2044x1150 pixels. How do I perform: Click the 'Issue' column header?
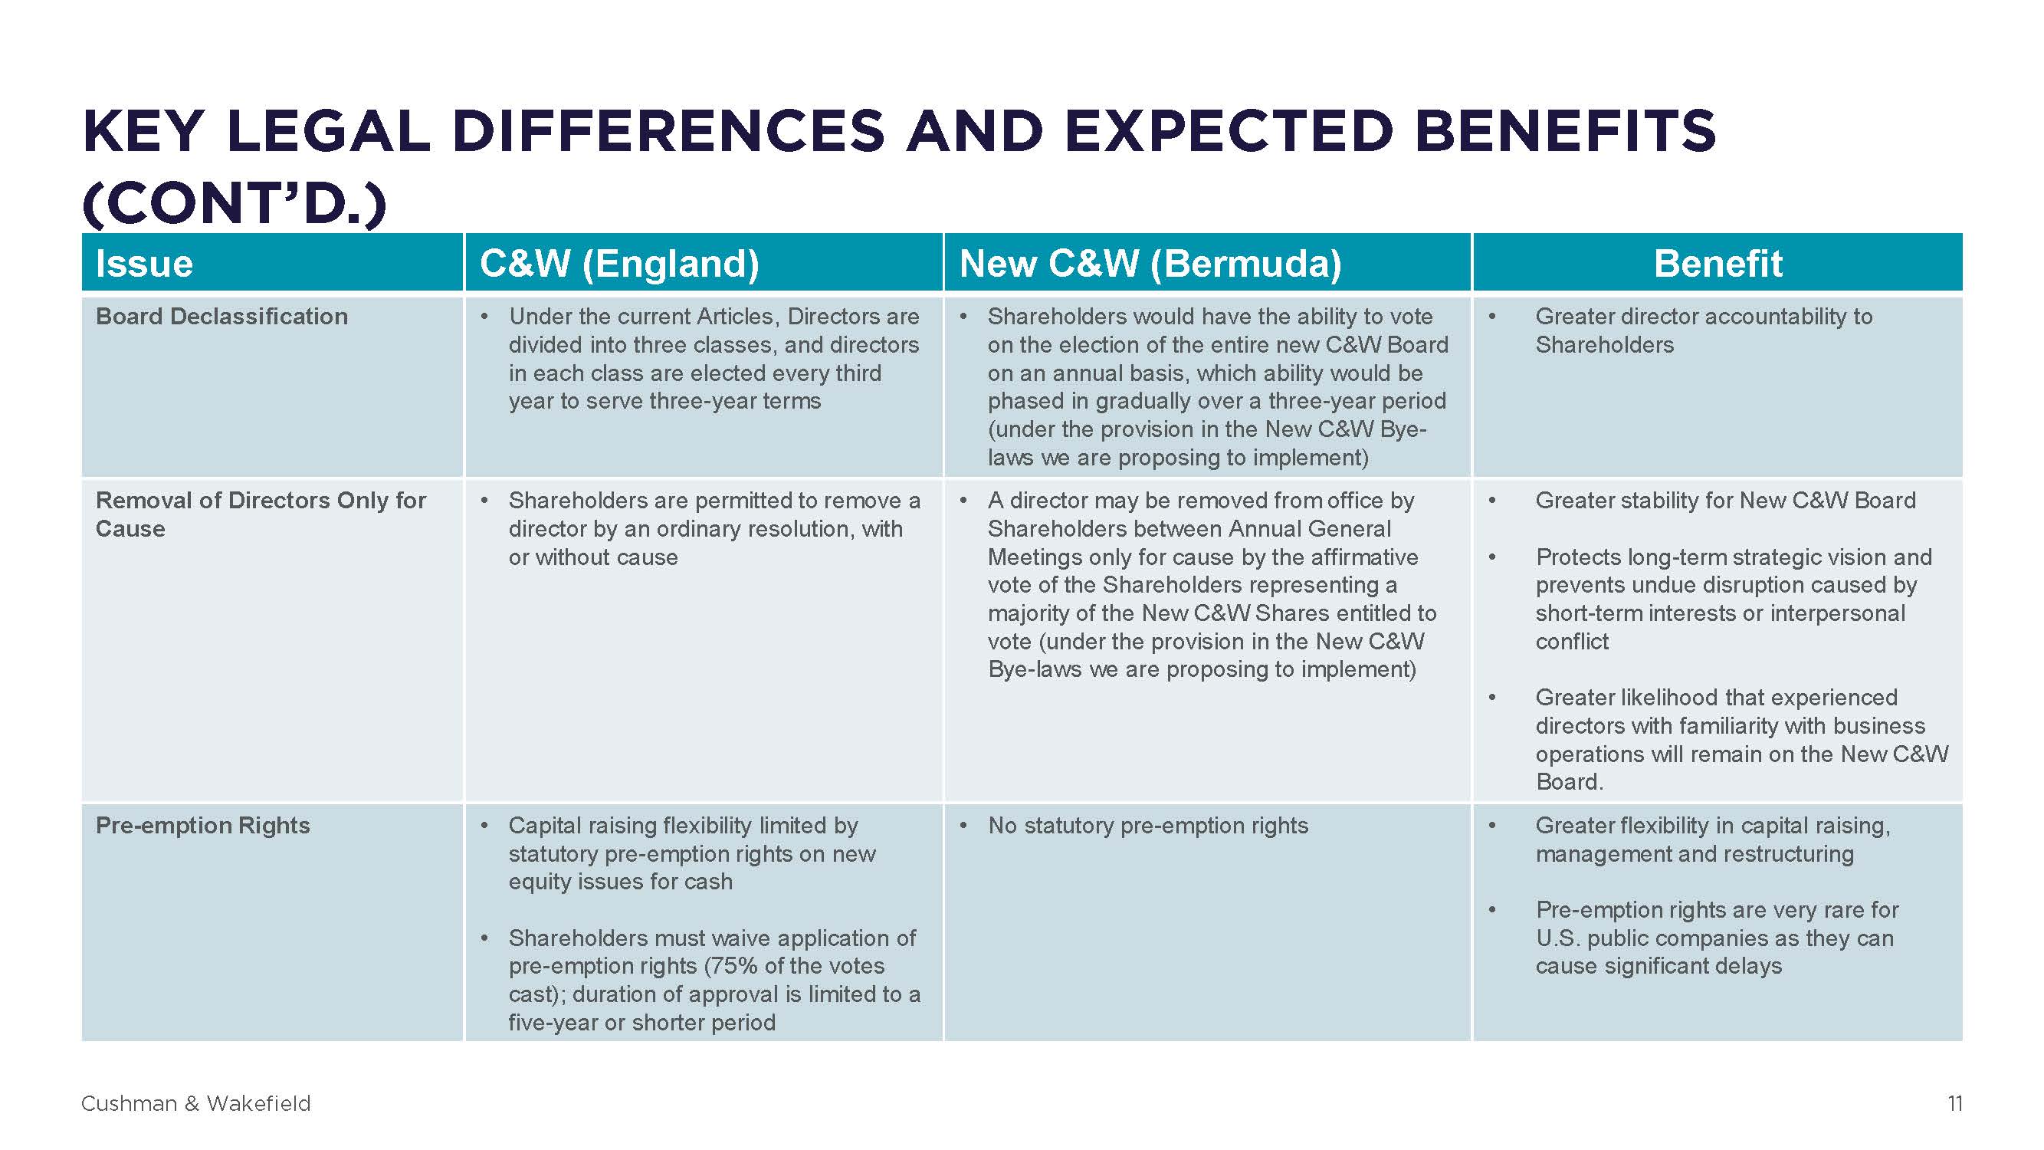(x=144, y=264)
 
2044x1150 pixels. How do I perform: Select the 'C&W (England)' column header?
(x=619, y=264)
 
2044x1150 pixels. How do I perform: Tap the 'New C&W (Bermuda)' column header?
(x=1150, y=264)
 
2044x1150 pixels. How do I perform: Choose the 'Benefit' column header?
(x=1718, y=264)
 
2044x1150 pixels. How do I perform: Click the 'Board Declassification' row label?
(x=221, y=317)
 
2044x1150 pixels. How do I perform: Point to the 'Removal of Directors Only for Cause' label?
(x=261, y=514)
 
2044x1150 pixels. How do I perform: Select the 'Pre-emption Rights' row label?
(x=202, y=826)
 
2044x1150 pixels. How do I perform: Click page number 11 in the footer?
(x=1955, y=1103)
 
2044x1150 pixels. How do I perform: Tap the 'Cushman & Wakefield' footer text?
(x=196, y=1103)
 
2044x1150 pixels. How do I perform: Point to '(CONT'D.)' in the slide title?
(x=235, y=204)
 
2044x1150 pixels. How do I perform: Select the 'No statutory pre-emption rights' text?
(x=1147, y=826)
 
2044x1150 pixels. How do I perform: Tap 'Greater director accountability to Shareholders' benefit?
(x=1704, y=331)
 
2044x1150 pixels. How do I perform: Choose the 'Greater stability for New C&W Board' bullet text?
(x=1725, y=501)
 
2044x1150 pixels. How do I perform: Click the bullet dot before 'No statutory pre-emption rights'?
(x=963, y=826)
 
